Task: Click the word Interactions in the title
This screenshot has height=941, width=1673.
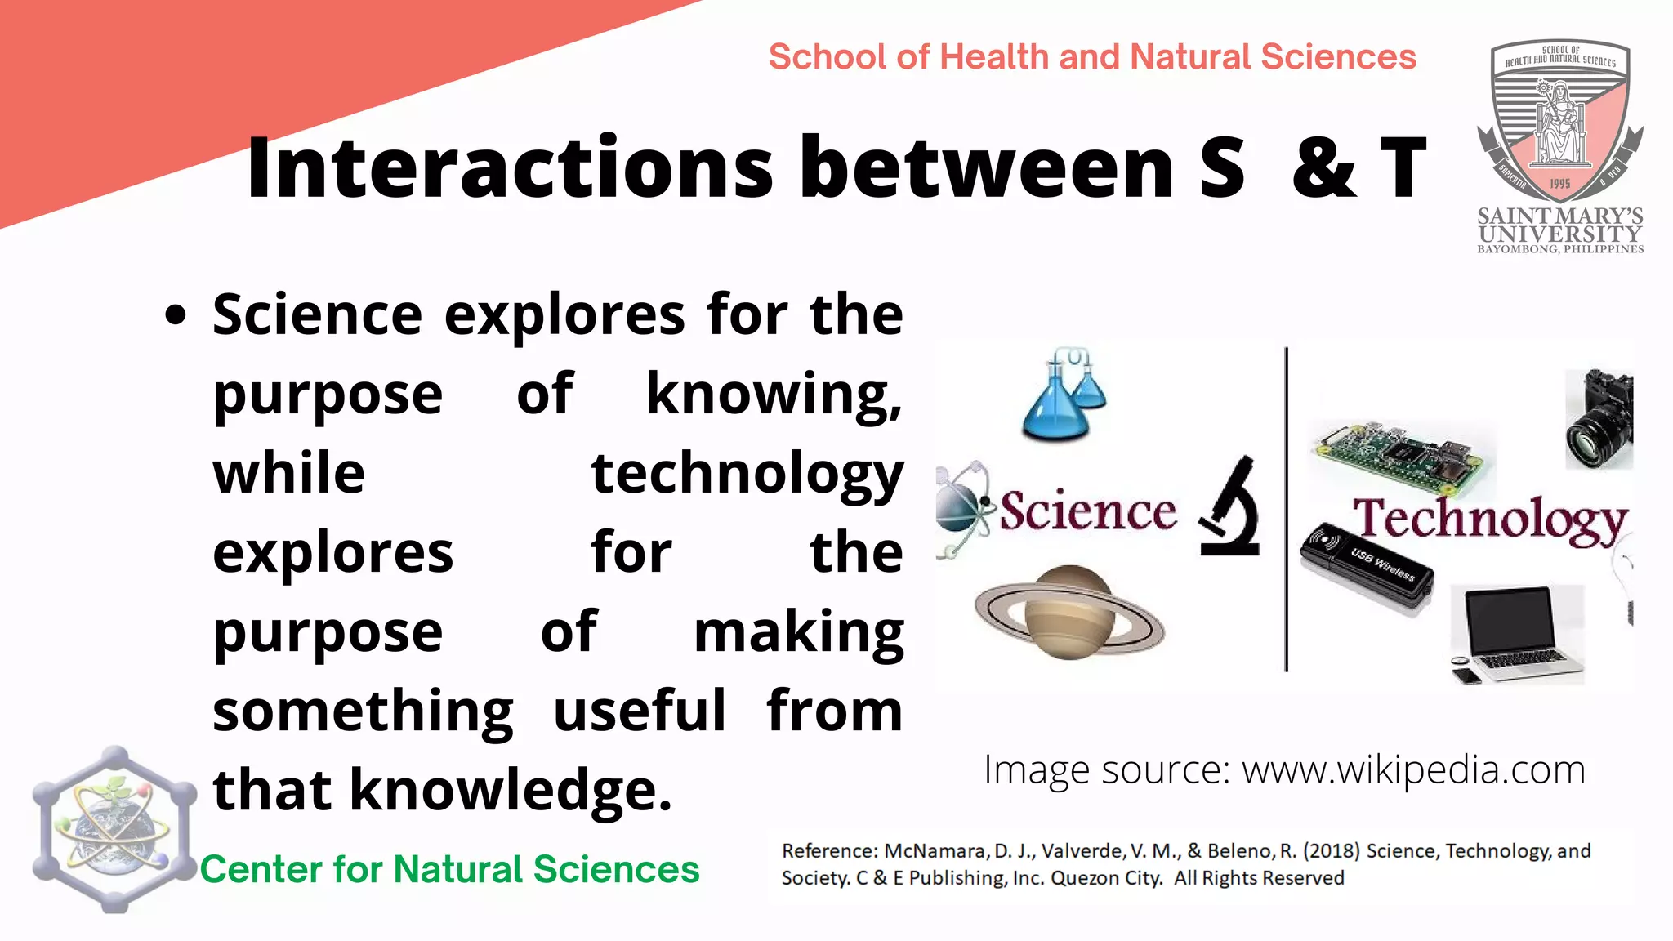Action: click(510, 168)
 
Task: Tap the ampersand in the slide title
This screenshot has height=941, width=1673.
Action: click(1324, 168)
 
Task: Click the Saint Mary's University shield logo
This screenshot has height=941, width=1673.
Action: click(1559, 123)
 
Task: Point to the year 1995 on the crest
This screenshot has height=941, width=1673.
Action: click(1559, 184)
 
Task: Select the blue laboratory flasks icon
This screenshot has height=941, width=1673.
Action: click(1064, 395)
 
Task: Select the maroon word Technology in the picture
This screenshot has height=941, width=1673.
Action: click(1489, 521)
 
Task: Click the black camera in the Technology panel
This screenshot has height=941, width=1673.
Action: click(1599, 418)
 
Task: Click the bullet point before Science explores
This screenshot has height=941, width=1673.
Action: click(175, 316)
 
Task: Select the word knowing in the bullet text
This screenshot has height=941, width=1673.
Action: click(772, 395)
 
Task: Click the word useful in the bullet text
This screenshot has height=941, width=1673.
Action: click(639, 711)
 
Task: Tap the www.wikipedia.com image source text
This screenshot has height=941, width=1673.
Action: click(1413, 770)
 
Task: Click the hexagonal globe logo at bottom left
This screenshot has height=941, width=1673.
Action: click(114, 829)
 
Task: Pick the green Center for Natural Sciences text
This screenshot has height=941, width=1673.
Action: click(450, 869)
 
